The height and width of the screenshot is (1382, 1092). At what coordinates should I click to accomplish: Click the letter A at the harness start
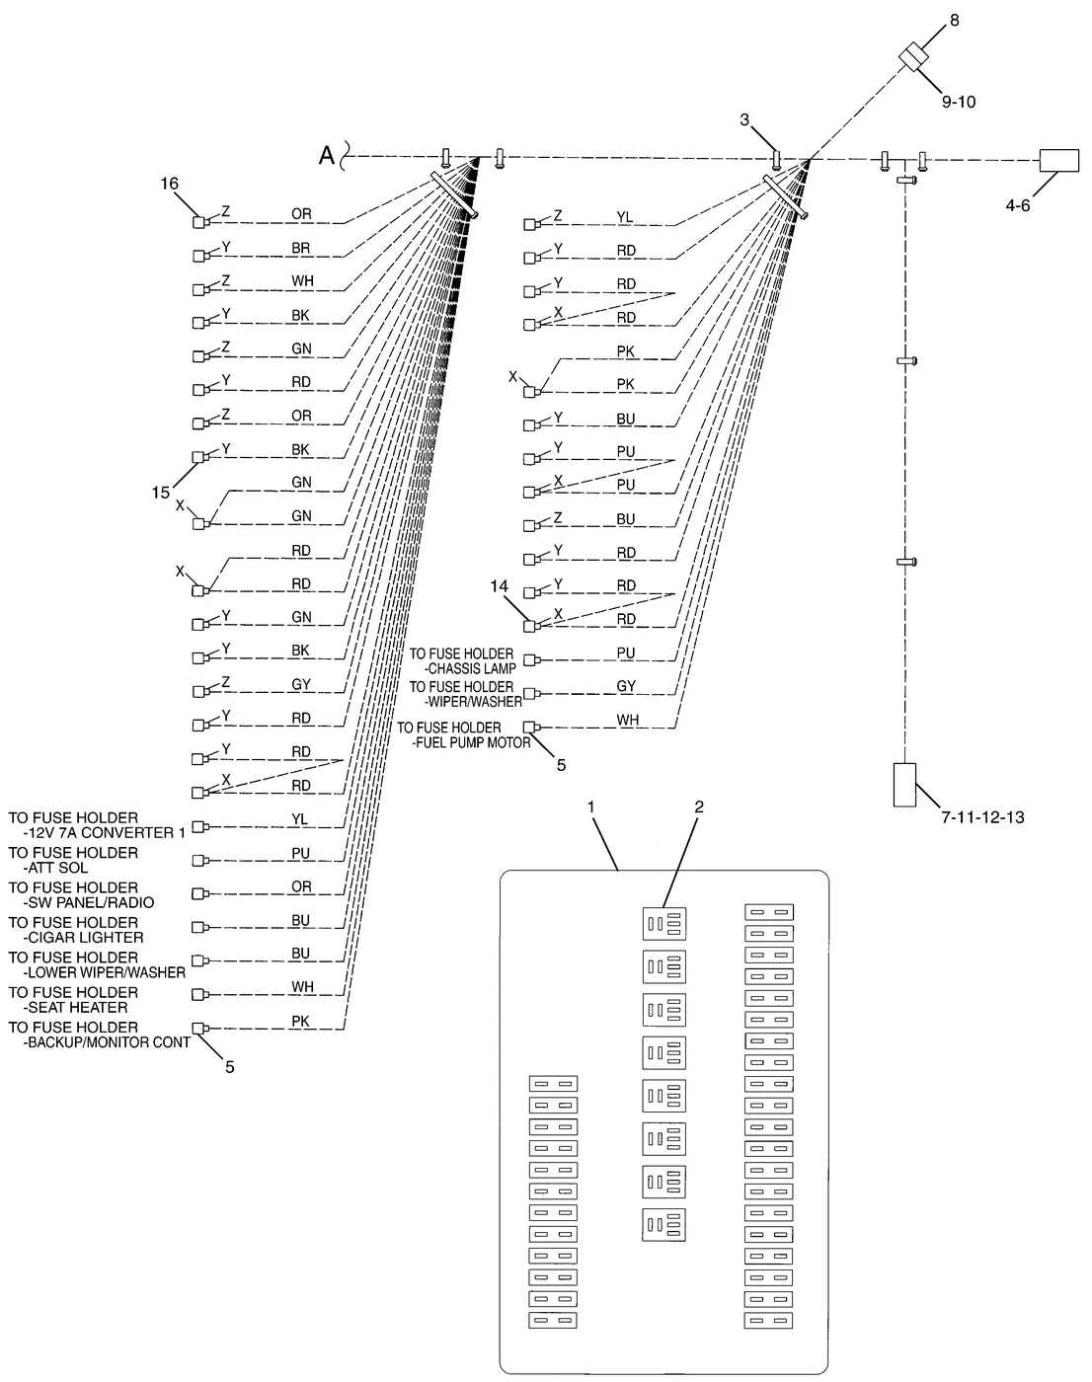327,155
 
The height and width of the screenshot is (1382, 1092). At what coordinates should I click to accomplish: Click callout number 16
169,184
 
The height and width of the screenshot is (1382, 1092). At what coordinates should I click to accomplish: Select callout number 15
161,493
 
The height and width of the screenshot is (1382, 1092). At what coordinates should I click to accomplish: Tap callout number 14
500,586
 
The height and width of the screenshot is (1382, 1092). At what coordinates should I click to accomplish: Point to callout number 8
955,20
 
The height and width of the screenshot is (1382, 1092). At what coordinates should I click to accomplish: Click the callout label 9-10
959,102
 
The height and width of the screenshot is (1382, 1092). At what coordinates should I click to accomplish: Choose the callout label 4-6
1018,205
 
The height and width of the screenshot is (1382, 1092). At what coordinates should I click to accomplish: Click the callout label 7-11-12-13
982,817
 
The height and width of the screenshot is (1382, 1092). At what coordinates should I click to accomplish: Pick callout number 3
744,120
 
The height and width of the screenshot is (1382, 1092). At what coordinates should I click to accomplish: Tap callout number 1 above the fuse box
591,806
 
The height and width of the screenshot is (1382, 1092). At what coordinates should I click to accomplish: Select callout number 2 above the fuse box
699,806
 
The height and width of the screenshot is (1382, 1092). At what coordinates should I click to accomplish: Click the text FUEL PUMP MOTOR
472,743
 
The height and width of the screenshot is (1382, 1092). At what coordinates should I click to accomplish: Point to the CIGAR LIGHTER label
83,938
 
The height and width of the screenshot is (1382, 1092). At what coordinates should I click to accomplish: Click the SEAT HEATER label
75,1008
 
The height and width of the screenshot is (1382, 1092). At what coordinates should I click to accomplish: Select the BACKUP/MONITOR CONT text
107,1042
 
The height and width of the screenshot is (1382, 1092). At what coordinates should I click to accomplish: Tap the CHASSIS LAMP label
470,668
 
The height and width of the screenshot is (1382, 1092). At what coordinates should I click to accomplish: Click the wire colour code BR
300,248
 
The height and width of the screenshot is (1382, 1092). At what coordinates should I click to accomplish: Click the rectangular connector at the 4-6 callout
1059,160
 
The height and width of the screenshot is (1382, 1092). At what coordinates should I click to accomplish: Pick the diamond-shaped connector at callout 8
913,56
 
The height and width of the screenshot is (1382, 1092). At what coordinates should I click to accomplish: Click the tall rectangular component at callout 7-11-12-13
904,785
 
